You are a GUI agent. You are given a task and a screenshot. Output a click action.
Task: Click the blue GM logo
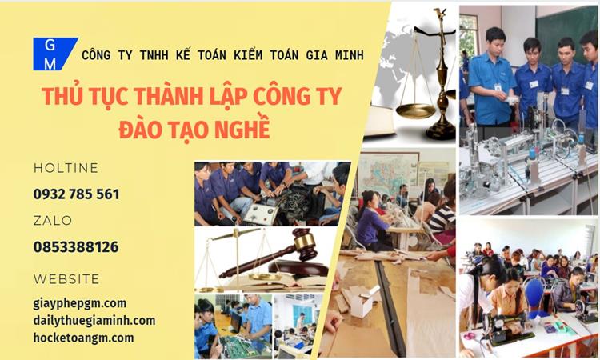(53, 54)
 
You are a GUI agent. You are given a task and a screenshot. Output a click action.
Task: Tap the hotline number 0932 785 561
(77, 194)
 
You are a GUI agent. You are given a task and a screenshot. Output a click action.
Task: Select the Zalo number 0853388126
(76, 247)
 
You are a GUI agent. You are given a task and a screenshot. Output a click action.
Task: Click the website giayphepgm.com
(80, 302)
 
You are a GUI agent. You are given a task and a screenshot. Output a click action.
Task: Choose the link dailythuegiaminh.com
(94, 320)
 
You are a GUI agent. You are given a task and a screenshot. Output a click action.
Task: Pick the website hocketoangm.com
(83, 338)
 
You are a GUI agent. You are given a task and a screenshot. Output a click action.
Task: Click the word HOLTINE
(66, 168)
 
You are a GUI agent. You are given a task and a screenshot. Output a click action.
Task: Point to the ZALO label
(53, 220)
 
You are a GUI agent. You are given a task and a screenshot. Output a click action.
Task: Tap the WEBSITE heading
(66, 279)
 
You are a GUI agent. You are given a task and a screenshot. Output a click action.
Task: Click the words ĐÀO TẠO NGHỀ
(193, 127)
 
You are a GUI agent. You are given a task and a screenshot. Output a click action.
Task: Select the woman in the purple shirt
(371, 220)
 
